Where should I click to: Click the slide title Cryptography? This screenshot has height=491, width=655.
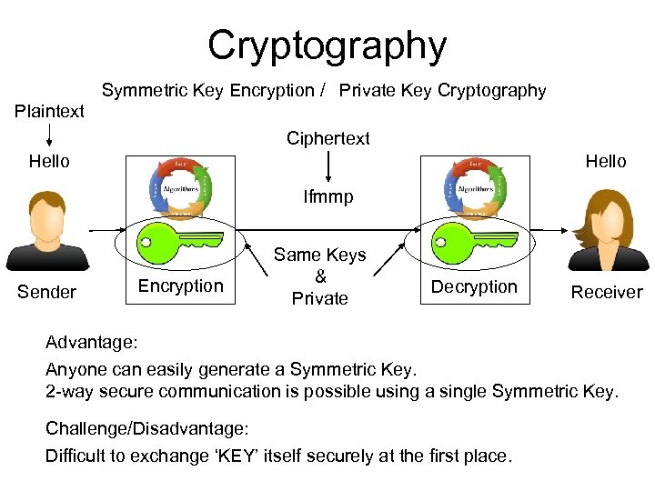[x=327, y=45]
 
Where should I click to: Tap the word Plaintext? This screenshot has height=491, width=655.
[x=50, y=111]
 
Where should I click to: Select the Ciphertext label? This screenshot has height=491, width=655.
[x=328, y=138]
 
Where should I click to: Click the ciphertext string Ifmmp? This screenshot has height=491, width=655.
[x=328, y=197]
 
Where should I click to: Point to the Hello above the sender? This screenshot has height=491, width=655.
[x=49, y=161]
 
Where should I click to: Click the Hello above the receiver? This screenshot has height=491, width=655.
[x=606, y=161]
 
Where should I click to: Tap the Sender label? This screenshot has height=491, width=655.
[x=46, y=292]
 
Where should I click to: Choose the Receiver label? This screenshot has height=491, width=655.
[x=606, y=292]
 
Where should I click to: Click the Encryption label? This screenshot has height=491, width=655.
[x=180, y=286]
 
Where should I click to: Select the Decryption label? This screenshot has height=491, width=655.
[x=473, y=286]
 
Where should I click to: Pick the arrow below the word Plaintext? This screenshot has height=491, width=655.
[x=49, y=135]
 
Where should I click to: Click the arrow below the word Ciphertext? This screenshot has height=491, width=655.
[x=328, y=166]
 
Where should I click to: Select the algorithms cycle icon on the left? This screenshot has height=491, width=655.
[x=179, y=187]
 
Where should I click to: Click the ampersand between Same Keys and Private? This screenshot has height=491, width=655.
[x=320, y=276]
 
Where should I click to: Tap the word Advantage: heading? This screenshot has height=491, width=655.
[x=92, y=344]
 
